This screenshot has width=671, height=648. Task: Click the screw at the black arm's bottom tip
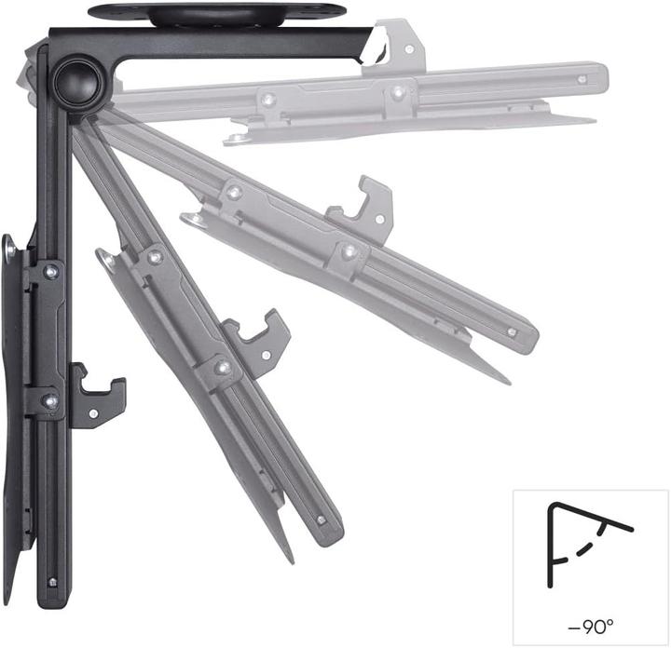point(51,583)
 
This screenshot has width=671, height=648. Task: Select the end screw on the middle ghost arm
point(511,331)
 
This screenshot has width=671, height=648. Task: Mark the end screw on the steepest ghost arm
point(321,520)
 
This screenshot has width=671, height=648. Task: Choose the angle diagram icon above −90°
point(588,548)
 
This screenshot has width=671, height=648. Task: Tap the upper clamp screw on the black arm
point(50,271)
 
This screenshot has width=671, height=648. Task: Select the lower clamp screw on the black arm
point(50,401)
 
